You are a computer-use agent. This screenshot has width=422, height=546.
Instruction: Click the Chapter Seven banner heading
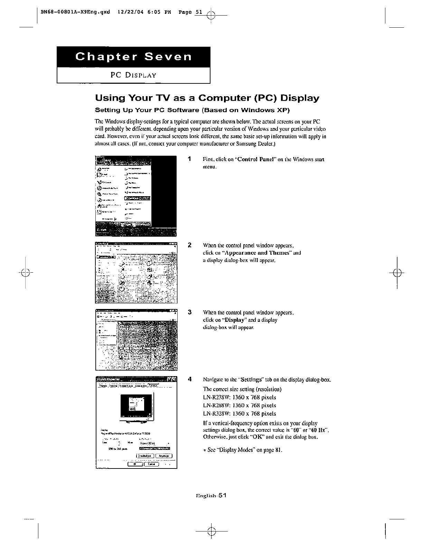(133, 57)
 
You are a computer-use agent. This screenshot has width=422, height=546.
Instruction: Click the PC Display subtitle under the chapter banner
(133, 75)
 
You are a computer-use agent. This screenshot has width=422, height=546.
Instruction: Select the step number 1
(189, 159)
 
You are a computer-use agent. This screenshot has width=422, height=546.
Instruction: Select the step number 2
(189, 245)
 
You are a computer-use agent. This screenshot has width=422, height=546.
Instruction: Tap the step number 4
(189, 379)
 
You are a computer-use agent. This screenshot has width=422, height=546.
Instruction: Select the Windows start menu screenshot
(136, 195)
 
